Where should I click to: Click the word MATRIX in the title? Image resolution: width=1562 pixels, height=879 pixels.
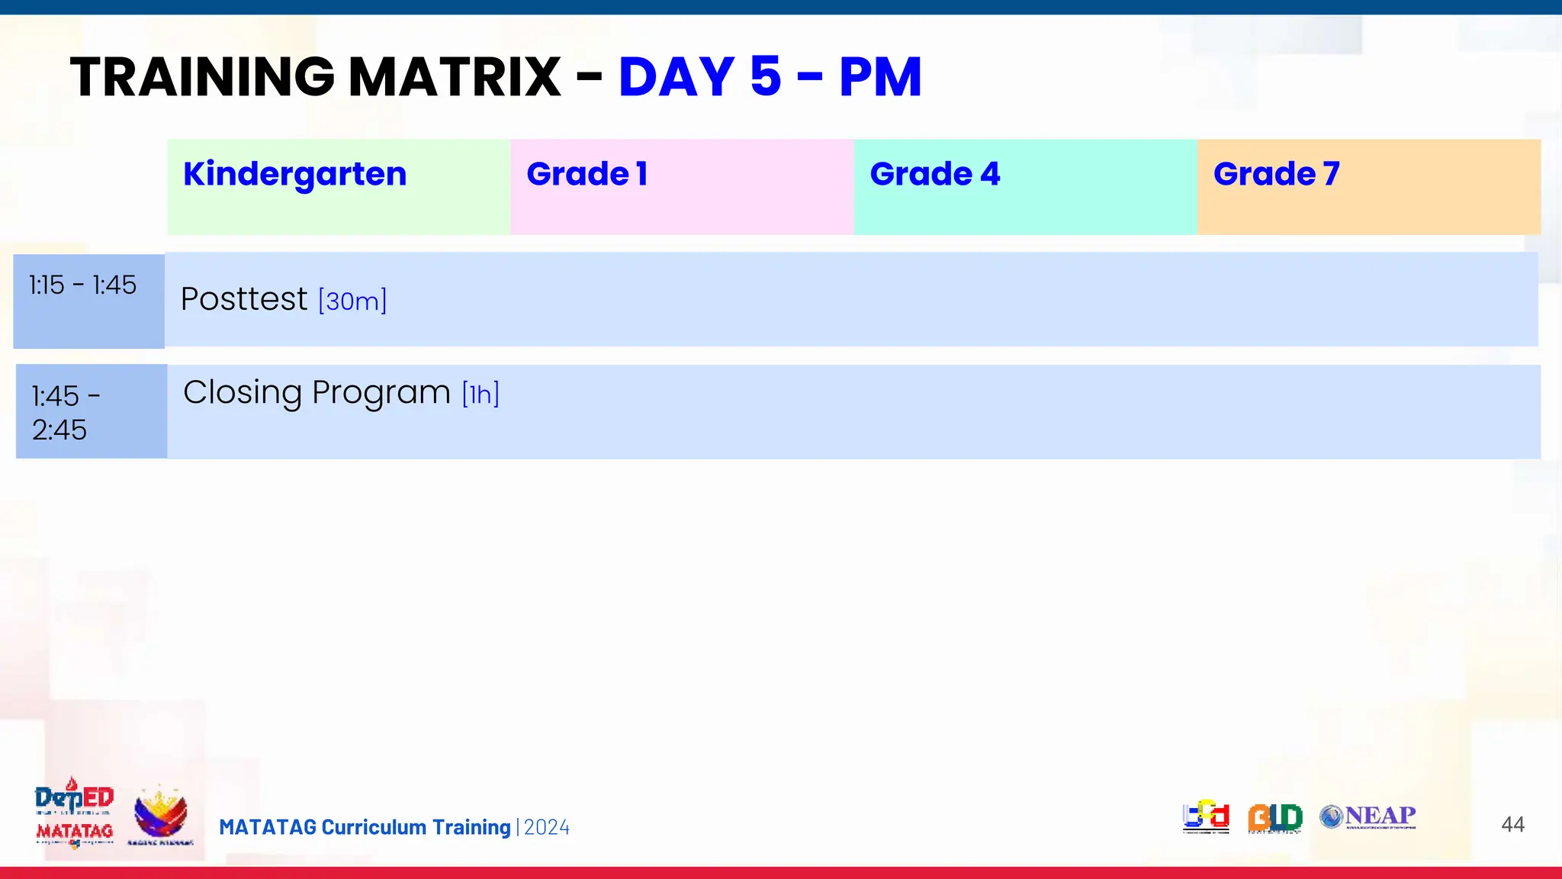pos(455,77)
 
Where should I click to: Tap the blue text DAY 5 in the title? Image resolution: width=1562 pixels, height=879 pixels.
pos(699,77)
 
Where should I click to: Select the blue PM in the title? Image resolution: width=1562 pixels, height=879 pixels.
pos(880,77)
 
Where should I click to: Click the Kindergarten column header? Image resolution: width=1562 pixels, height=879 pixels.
pos(294,175)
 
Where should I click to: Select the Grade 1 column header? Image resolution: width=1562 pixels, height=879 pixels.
pos(587,175)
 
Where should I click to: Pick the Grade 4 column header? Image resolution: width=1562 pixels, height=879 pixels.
pos(934,175)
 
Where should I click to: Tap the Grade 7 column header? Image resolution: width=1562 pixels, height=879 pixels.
pos(1276,175)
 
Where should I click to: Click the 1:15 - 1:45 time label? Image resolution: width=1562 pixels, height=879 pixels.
pos(82,285)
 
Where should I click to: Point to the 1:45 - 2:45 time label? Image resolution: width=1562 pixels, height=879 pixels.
pos(65,413)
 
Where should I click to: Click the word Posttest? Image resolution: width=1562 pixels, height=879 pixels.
pos(244,299)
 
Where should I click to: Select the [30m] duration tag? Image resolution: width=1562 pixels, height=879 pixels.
pos(352,301)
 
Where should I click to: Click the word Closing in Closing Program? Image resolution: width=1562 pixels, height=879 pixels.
pos(243,393)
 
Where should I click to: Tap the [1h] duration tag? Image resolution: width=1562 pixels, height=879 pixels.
pos(480,394)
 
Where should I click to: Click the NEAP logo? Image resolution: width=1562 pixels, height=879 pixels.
pos(1368,817)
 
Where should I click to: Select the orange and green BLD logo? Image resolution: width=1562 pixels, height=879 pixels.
pos(1274,818)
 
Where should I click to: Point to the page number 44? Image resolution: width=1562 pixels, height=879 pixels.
pos(1512,824)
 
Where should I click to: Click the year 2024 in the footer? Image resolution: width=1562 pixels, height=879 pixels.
pos(547,828)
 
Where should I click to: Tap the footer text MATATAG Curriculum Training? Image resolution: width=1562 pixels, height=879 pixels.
pos(365,828)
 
